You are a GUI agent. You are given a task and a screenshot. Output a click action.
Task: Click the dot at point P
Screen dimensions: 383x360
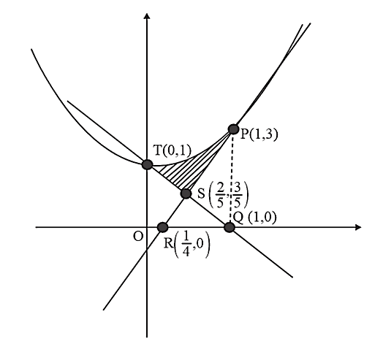point(233,129)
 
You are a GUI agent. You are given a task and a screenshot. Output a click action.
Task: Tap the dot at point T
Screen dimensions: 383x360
point(148,164)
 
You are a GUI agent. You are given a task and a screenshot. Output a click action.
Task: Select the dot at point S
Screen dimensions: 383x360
point(186,194)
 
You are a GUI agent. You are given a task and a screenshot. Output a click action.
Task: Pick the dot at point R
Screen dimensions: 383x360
point(163,227)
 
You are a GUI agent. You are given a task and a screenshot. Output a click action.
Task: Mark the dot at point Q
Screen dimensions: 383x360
point(230,228)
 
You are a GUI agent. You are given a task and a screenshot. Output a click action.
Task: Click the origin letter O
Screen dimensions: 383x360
point(138,237)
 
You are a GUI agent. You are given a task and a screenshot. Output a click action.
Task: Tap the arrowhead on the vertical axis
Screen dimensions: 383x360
point(147,15)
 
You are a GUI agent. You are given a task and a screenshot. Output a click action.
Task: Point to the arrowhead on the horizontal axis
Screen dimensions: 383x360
point(358,227)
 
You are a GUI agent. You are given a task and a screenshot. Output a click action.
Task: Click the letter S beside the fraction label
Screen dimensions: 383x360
point(201,194)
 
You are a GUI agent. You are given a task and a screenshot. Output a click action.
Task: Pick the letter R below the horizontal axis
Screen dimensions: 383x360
point(168,243)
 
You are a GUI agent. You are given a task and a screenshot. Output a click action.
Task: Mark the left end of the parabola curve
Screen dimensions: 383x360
point(31,50)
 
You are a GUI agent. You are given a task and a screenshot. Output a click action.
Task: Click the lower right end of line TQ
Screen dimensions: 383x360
point(292,277)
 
